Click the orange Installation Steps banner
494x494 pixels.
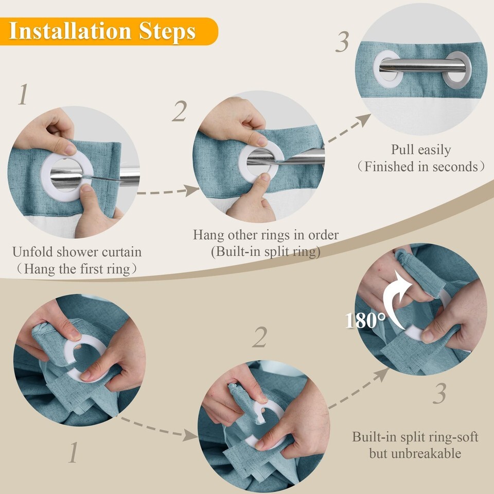click(109, 31)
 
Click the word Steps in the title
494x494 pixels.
click(167, 32)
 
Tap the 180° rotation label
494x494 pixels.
click(365, 321)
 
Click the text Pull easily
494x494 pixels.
click(421, 150)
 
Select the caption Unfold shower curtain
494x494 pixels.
click(77, 252)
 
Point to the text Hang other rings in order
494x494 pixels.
click(266, 235)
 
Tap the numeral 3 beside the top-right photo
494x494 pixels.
click(342, 42)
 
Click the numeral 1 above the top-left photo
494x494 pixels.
click(23, 94)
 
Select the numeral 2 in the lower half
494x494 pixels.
click(260, 337)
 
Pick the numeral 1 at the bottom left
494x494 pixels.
click(74, 452)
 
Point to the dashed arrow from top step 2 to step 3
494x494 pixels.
click(348, 129)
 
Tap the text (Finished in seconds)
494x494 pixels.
click(421, 167)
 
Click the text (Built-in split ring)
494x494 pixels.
click(266, 252)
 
